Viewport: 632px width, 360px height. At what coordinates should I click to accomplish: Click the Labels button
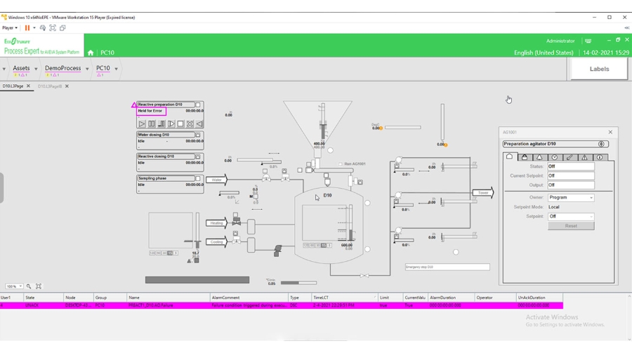pos(599,69)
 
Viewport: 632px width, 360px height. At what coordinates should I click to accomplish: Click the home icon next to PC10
pos(91,53)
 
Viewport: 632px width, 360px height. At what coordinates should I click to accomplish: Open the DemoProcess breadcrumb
pos(63,69)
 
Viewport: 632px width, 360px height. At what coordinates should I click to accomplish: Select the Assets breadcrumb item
pos(21,69)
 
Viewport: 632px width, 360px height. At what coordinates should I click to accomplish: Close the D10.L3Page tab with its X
pos(29,86)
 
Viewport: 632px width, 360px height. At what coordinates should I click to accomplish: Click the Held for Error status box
pos(151,111)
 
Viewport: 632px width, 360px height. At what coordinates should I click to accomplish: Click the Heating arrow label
pos(216,223)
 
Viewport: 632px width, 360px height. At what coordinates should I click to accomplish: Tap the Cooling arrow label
pos(216,242)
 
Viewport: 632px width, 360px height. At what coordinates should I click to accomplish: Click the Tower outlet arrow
pos(483,192)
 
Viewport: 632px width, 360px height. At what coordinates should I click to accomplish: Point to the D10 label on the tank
pos(327,195)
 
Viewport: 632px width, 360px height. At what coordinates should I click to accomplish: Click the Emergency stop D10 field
pos(447,267)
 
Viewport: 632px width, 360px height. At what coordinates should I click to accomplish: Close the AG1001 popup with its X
pos(610,132)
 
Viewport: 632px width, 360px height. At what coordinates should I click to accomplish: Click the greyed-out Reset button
pos(571,226)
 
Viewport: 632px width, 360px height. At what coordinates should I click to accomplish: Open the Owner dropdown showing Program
pos(571,198)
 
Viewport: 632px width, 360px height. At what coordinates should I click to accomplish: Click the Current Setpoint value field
pos(571,176)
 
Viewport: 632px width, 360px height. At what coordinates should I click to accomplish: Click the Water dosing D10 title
pos(154,135)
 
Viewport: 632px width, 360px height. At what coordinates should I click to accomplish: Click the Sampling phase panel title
pos(153,178)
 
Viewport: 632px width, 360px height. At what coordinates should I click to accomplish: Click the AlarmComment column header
pos(226,298)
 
